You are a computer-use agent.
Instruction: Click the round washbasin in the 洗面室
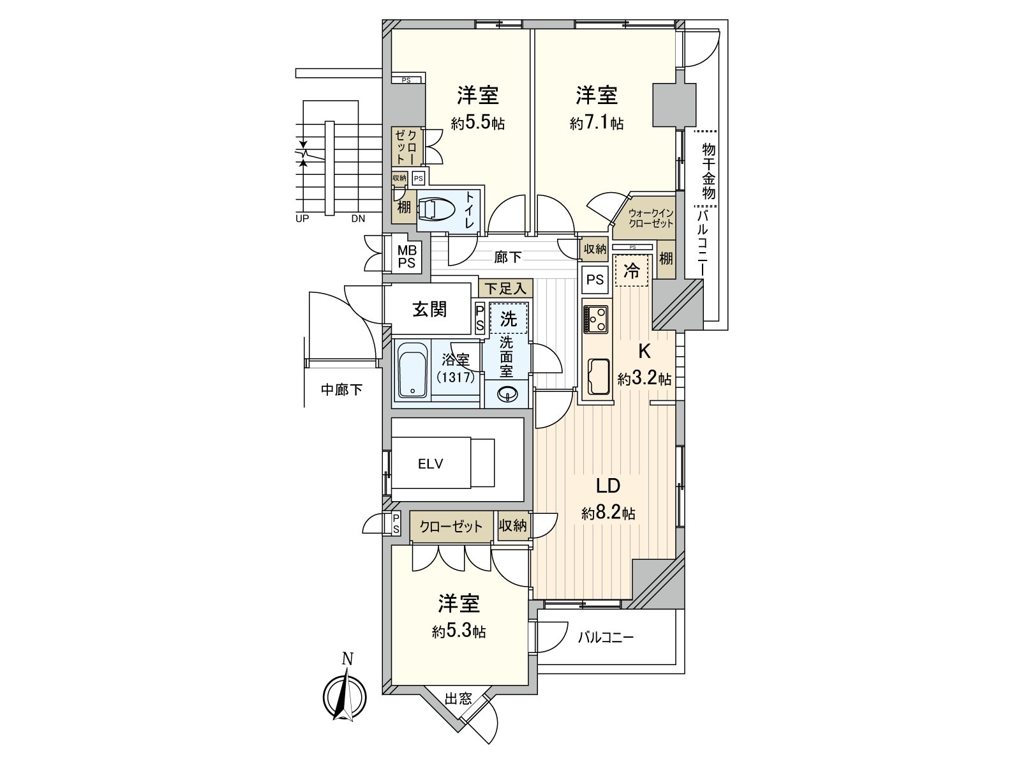[x=508, y=394]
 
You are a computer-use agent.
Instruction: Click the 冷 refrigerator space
[x=631, y=271]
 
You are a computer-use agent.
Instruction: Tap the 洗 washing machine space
[x=509, y=318]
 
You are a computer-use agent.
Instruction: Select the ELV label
[x=431, y=465]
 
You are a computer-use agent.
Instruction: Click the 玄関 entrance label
[x=429, y=310]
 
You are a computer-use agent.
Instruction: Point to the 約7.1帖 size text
[x=597, y=123]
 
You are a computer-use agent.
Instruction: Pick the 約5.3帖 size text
[x=459, y=632]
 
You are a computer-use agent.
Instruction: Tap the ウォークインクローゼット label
[x=650, y=218]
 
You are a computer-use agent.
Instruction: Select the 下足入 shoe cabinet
[x=505, y=289]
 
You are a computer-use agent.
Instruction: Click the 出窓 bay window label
[x=458, y=698]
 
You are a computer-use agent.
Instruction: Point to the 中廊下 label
[x=341, y=389]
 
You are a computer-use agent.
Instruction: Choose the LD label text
[x=608, y=486]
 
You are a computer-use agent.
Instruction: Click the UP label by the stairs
[x=302, y=218]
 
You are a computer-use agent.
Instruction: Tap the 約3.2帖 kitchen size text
[x=644, y=379]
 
